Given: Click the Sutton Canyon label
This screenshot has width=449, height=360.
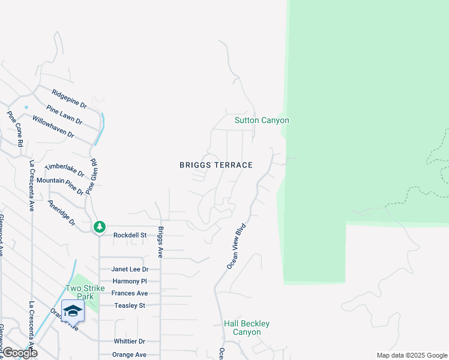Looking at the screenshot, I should [x=261, y=121].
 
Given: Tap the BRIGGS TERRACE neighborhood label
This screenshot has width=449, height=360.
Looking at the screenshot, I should [x=216, y=165].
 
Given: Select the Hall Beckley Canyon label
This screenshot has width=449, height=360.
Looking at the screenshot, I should [x=246, y=328].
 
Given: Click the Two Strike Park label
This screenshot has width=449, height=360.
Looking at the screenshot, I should [x=81, y=292].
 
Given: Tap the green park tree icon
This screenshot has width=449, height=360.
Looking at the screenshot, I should [x=100, y=227].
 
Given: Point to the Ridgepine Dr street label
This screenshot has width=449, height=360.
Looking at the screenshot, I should [x=69, y=99].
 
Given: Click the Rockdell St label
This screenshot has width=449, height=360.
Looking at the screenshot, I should [x=130, y=235].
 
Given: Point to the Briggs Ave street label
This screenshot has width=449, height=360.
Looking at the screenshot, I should [x=160, y=242].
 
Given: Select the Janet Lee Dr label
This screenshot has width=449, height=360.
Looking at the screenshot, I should [x=130, y=270].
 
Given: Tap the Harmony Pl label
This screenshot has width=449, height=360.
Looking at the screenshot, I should [x=130, y=281].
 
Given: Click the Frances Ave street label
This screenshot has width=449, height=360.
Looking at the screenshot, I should [x=130, y=293].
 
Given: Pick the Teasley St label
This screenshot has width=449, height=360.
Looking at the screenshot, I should [x=130, y=305].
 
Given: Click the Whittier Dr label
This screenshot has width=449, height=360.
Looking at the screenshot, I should [x=130, y=341].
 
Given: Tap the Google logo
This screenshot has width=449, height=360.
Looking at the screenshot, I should [x=19, y=353].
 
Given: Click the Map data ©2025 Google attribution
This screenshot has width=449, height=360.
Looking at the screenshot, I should [x=411, y=355].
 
